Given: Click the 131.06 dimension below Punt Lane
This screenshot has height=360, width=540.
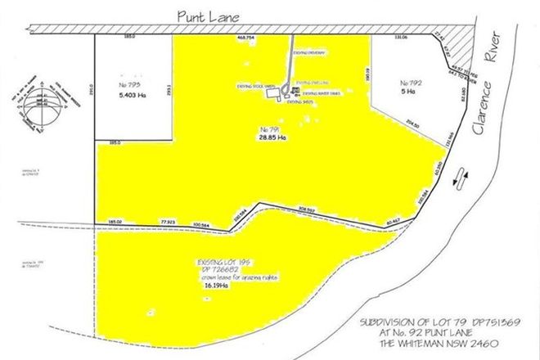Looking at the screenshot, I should click(x=401, y=37).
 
